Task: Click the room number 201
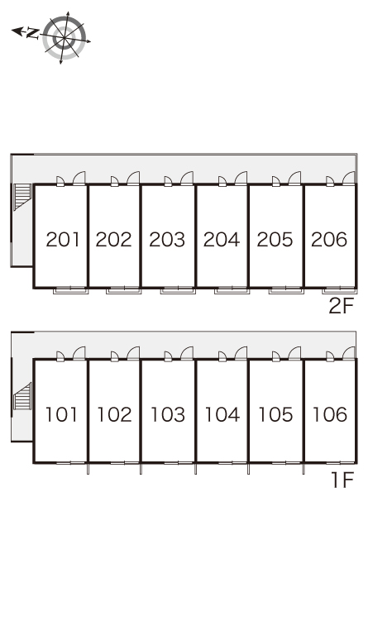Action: (x=63, y=240)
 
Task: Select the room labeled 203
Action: (x=167, y=240)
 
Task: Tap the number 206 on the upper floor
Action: (x=329, y=240)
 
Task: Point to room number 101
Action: (x=61, y=415)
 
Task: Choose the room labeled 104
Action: (x=222, y=415)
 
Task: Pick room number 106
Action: (x=330, y=415)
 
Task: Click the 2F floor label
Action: (x=341, y=306)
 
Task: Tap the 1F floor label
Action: (x=342, y=480)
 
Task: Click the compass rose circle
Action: (x=65, y=37)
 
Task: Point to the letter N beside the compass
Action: (x=32, y=33)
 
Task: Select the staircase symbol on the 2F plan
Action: (x=22, y=197)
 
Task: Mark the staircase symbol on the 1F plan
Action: (x=22, y=396)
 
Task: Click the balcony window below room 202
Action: (x=124, y=290)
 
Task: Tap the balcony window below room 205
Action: (x=285, y=290)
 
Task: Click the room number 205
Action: (x=275, y=240)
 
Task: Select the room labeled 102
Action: (x=114, y=415)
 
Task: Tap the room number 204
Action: (x=222, y=240)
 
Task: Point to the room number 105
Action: (x=276, y=415)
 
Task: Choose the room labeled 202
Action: (x=114, y=240)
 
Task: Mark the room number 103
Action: (x=168, y=415)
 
